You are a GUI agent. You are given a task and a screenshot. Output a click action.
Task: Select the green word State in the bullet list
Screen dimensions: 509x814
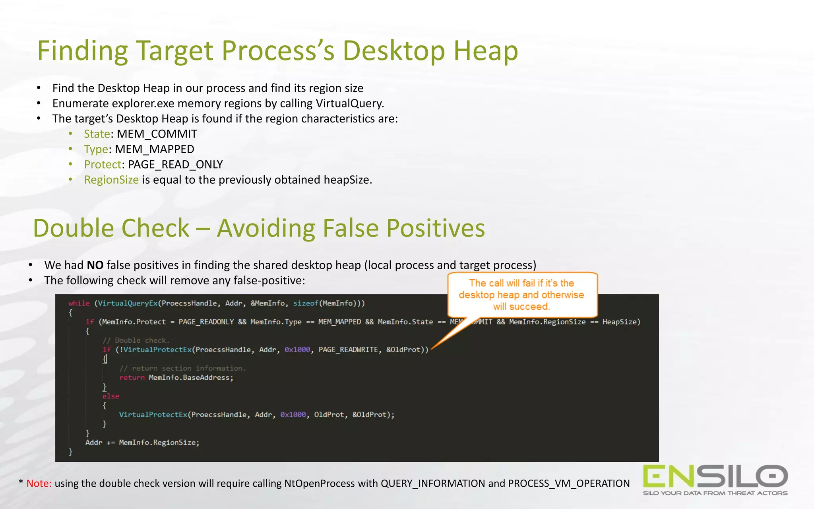click(97, 134)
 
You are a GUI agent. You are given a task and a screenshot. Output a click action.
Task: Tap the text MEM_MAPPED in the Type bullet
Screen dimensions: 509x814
click(154, 149)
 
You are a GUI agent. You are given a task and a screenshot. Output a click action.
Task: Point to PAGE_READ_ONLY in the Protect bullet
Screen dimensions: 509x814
click(175, 164)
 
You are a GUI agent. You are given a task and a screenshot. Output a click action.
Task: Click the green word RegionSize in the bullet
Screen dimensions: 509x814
click(111, 180)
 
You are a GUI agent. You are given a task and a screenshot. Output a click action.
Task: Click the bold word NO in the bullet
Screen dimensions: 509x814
click(95, 265)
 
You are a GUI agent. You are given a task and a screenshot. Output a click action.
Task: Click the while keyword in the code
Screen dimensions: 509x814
click(79, 303)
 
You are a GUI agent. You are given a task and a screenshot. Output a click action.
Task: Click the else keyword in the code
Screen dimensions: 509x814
click(110, 396)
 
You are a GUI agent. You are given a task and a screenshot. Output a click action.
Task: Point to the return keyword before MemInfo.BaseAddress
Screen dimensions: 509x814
click(132, 377)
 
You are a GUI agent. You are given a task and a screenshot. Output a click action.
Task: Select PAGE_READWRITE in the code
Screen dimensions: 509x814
click(348, 350)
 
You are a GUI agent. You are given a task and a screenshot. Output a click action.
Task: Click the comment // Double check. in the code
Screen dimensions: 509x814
click(136, 340)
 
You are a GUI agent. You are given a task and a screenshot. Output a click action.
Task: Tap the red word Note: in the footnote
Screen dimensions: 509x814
click(39, 484)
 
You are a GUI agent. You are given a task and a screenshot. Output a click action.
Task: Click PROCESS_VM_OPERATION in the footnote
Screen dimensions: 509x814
click(569, 484)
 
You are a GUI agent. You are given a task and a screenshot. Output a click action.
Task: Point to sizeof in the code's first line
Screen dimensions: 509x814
click(306, 303)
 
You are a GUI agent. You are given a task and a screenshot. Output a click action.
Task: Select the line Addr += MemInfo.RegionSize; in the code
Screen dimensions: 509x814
click(142, 443)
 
